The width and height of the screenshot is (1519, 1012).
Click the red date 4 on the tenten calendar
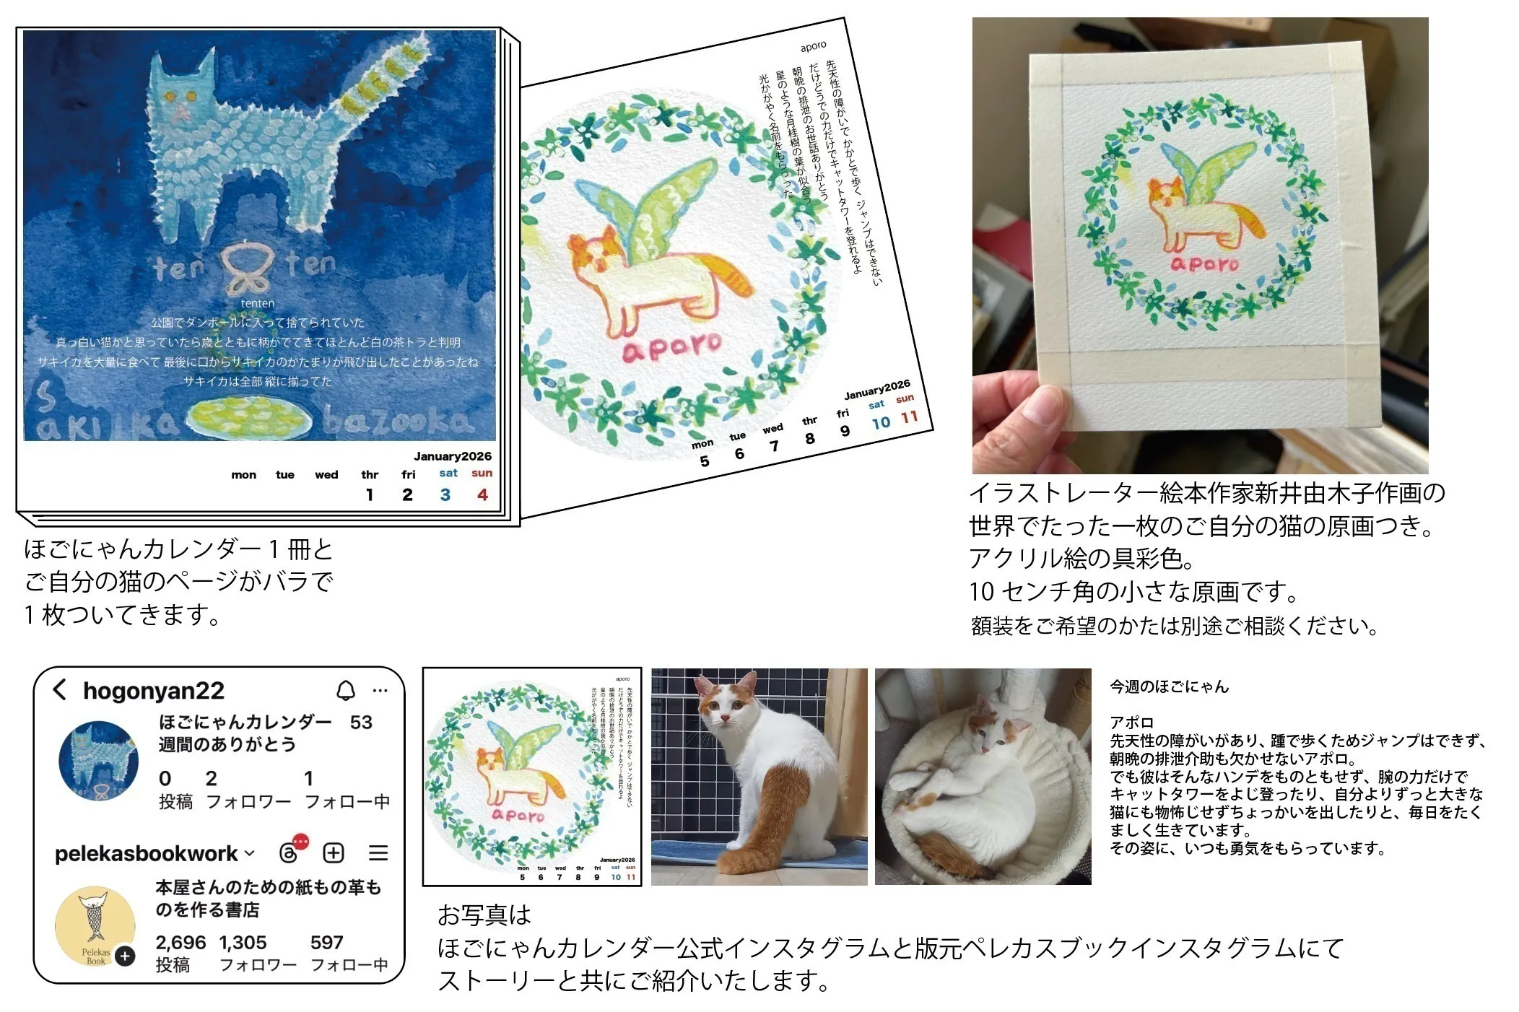(482, 494)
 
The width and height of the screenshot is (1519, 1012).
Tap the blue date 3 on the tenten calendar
(445, 494)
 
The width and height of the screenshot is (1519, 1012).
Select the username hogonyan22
(154, 691)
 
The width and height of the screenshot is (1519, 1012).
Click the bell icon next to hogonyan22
(346, 691)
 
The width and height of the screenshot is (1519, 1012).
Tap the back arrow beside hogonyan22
(60, 689)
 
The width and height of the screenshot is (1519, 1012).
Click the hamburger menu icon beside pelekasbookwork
(378, 853)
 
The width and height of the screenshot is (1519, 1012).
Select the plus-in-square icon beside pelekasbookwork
(334, 853)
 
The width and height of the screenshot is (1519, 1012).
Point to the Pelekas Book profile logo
(95, 925)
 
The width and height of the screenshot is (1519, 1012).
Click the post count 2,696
(180, 943)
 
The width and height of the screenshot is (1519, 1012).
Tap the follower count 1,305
(243, 943)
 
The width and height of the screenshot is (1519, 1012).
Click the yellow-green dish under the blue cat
(250, 417)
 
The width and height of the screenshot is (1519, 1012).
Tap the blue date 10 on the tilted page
(880, 423)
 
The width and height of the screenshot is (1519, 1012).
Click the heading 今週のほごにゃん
(1169, 686)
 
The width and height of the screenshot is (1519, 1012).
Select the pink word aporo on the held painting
(1204, 264)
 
